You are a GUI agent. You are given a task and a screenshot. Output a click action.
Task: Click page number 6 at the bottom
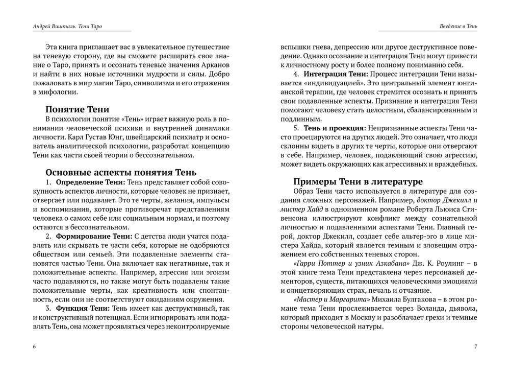click(34, 347)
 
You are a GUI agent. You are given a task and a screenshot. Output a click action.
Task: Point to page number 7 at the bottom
click(475, 347)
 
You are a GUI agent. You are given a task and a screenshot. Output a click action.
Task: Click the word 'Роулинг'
click(450, 263)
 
